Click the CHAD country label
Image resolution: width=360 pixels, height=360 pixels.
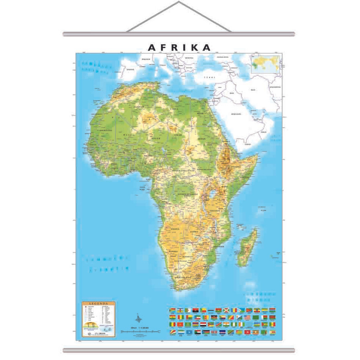[x=178, y=135]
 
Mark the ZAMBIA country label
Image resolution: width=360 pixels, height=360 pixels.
[x=195, y=232]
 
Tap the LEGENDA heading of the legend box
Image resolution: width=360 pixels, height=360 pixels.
[x=98, y=303]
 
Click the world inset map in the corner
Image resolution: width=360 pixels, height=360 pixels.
[x=265, y=63]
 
